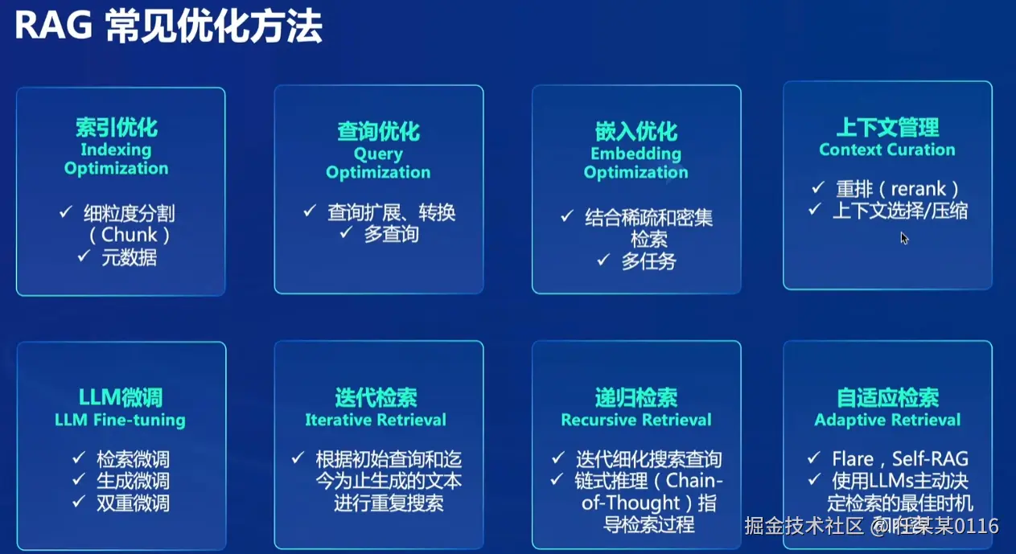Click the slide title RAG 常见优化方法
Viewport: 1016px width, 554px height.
169,27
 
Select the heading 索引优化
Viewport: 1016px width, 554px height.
117,127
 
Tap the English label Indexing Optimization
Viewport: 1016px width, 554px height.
116,158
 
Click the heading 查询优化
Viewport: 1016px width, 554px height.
378,132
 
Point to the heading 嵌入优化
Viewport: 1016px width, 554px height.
636,132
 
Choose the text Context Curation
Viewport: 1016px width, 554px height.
887,150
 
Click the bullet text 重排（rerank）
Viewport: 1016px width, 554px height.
898,189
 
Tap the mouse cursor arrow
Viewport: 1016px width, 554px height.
904,238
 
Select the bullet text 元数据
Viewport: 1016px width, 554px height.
130,257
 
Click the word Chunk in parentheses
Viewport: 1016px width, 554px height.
130,235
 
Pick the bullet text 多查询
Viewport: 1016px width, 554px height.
392,234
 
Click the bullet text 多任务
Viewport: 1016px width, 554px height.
648,261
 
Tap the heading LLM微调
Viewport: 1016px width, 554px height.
121,397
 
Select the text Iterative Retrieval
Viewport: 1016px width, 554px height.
376,420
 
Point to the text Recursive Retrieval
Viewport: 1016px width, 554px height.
636,420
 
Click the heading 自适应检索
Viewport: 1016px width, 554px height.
887,397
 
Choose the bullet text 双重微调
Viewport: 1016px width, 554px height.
133,503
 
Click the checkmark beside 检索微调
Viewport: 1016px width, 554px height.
79,458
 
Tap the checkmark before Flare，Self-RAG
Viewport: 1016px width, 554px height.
814,458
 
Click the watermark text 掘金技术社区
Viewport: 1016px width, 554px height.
804,526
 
